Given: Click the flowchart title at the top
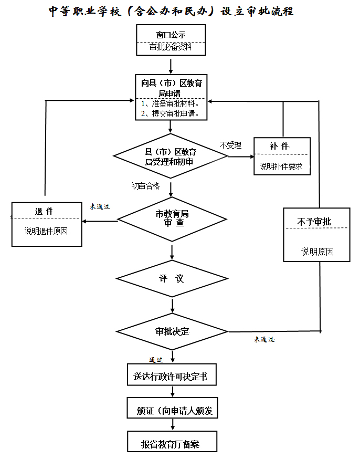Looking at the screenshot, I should [171, 12].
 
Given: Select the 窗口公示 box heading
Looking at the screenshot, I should [171, 35].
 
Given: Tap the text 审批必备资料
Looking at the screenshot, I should [171, 47].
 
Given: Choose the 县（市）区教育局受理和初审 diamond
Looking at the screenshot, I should [169, 156].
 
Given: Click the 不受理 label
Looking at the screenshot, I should [230, 145].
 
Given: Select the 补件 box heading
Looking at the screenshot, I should [279, 146].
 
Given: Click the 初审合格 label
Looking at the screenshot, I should [145, 186].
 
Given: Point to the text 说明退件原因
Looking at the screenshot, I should [46, 231].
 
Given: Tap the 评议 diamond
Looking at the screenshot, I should [172, 278].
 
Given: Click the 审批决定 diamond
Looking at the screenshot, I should [172, 332].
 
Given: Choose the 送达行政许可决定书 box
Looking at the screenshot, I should [171, 377].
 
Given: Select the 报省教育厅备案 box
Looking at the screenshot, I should [171, 444].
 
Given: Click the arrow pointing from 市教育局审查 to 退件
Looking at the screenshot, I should [100, 221].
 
